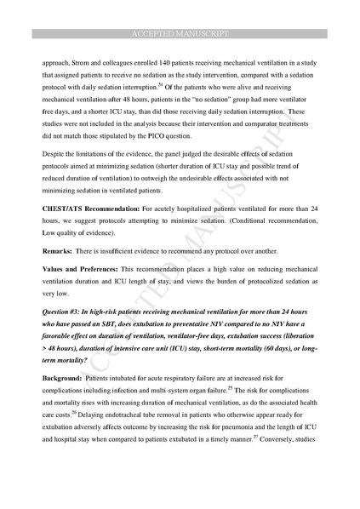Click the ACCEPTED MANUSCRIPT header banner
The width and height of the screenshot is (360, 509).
[x=180, y=34]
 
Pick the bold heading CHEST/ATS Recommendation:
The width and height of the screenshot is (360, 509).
[x=88, y=207]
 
